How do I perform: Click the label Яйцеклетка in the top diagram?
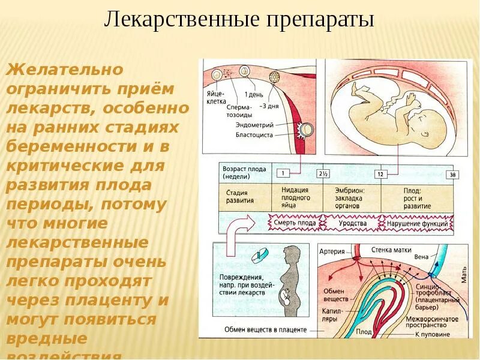(x=216, y=98)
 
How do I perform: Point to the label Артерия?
(x=331, y=251)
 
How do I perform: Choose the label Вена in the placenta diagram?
(x=421, y=257)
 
